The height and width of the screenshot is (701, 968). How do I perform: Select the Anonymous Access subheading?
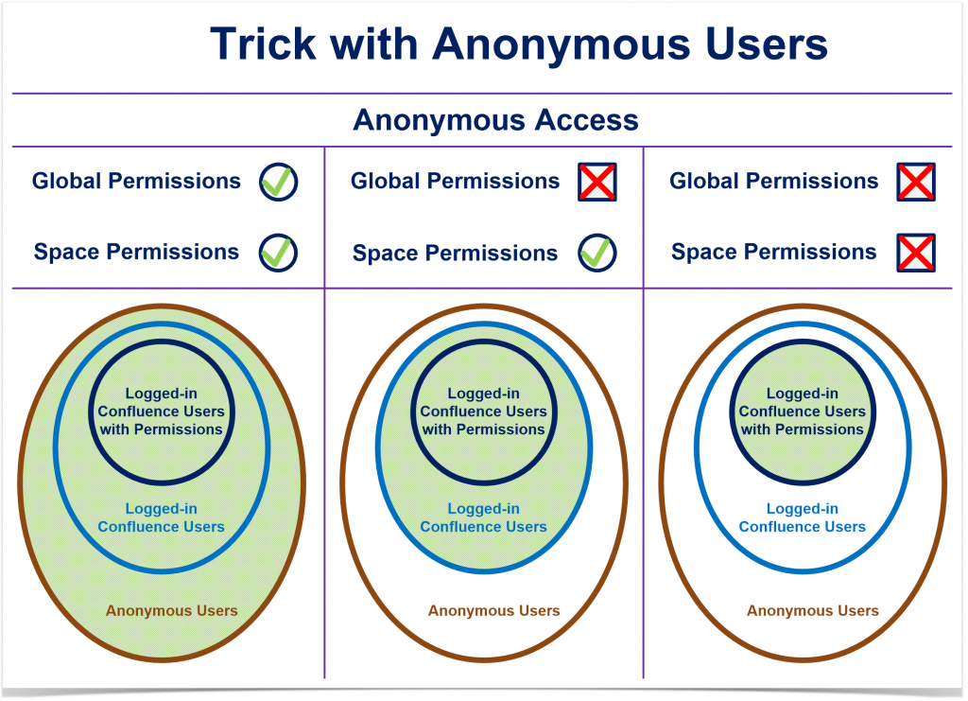coord(495,120)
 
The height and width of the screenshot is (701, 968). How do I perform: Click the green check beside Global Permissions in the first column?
coord(279,182)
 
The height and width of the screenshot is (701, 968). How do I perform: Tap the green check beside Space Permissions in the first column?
coord(279,253)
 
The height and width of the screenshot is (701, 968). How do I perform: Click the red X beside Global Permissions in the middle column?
coord(597,182)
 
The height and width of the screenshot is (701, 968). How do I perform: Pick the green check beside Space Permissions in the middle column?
coord(597,254)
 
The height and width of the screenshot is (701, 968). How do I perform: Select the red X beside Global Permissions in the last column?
coord(916,182)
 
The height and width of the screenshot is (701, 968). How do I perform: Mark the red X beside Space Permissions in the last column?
coord(916,253)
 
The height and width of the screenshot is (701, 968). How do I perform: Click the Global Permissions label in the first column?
coord(136,181)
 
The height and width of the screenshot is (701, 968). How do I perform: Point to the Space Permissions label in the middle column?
coord(455,254)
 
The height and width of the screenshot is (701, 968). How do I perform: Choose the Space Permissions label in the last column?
coord(773,253)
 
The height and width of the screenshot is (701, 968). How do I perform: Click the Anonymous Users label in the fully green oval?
coord(171,610)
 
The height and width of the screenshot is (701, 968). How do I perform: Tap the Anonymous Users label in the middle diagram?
coord(493,610)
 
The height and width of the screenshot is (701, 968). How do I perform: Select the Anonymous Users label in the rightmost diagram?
coord(812,610)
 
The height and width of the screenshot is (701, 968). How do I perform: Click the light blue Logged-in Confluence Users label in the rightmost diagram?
coord(802,517)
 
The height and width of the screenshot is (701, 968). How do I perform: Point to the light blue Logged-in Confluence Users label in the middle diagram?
coord(483,517)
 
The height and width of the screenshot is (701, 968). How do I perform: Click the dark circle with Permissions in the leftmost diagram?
coord(161,412)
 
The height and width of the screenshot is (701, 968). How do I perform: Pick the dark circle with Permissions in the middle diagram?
coord(483,412)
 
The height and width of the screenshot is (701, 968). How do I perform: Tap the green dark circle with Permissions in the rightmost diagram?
coord(802,412)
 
